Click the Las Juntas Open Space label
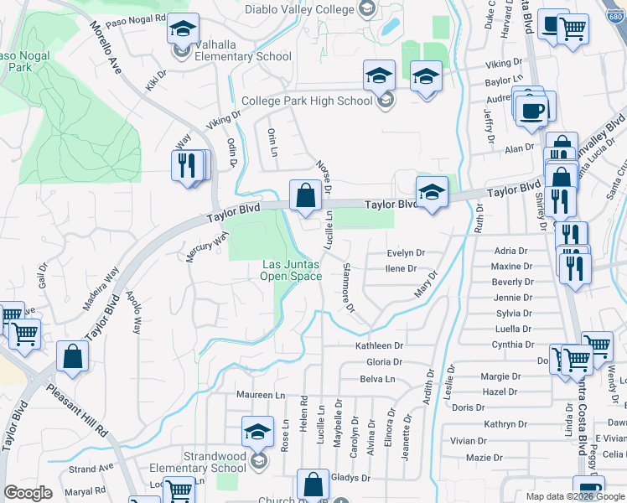point(290,270)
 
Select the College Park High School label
point(307,101)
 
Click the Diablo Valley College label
point(300,9)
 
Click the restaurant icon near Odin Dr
point(188,164)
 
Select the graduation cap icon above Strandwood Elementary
point(258,432)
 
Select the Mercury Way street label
point(206,248)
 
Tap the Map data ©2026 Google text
point(574,496)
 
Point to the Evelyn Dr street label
point(407,252)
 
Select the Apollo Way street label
point(134,313)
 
